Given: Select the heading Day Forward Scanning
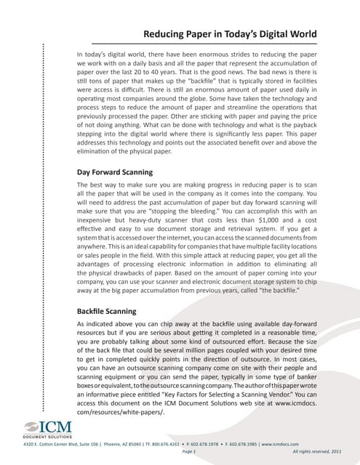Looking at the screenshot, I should pos(115,172).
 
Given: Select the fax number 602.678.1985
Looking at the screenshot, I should pos(237,443).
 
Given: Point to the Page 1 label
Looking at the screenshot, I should pos(190,452).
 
